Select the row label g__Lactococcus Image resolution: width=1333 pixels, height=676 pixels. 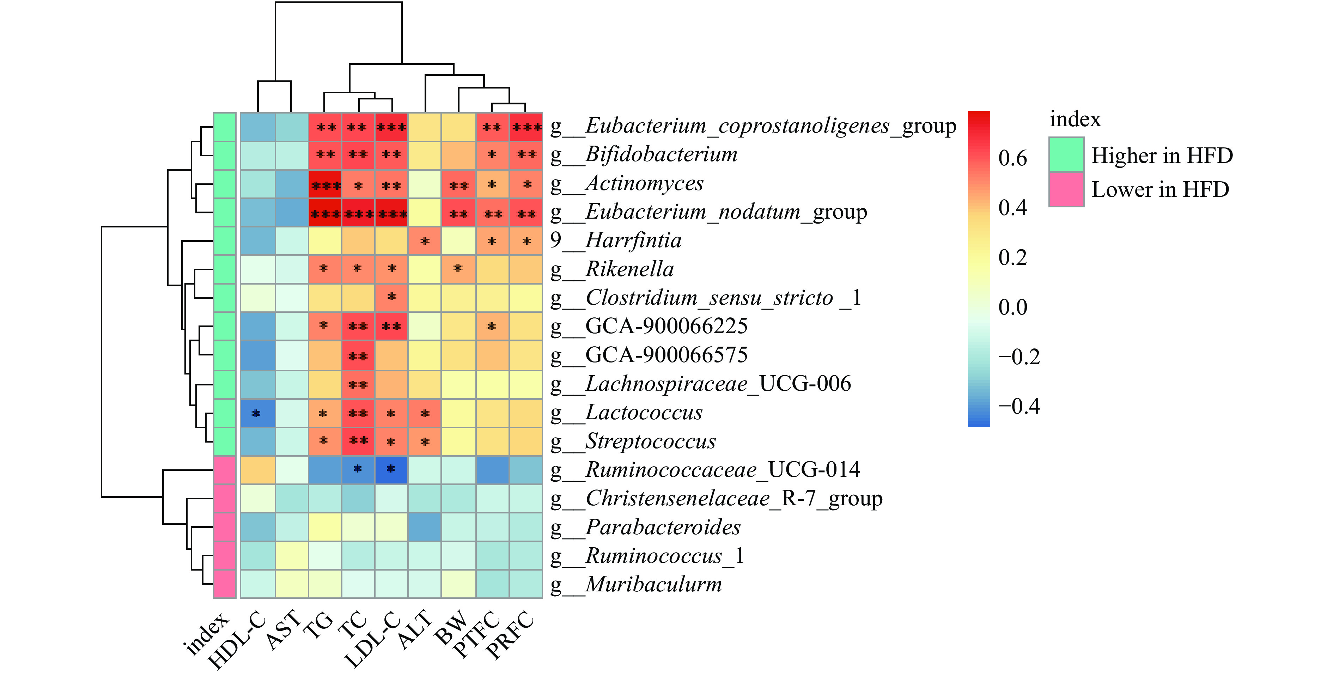pos(626,413)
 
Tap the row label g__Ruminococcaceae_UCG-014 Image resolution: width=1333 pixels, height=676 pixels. pos(705,469)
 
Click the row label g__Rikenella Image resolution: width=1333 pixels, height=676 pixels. pos(612,269)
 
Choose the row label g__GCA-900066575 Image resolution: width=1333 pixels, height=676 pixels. pos(649,355)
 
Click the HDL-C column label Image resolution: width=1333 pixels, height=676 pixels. pos(237,641)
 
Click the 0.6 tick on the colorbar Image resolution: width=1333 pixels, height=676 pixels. pos(1012,158)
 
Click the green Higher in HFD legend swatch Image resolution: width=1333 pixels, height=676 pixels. pos(1066,154)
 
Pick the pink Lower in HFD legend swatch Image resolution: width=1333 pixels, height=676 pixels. pos(1066,189)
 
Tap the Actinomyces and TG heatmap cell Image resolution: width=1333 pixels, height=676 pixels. pos(325,184)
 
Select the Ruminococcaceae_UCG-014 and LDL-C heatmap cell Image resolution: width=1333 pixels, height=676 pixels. pos(391,469)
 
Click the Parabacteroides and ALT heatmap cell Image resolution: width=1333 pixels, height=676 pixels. pos(425,527)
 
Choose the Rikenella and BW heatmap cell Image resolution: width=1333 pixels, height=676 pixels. pos(458,269)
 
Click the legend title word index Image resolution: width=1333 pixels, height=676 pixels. pos(1075,120)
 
